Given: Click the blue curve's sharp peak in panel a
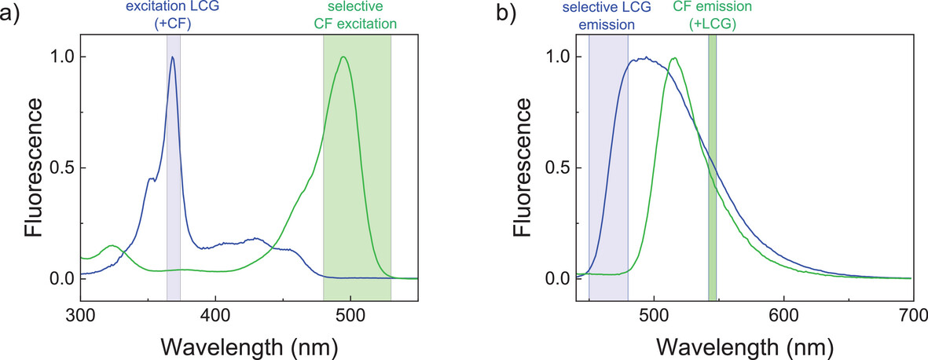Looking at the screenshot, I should point(172,57).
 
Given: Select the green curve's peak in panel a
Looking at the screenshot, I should point(343,57).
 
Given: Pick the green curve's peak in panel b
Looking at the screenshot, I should point(674,57).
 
